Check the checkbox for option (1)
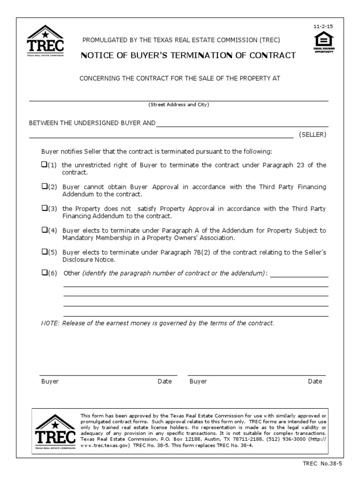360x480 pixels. [x=44, y=165]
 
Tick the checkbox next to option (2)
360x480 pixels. [x=44, y=186]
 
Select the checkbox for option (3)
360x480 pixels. [x=44, y=208]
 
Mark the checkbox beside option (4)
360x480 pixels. [x=44, y=230]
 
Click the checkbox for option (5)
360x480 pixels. [x=44, y=251]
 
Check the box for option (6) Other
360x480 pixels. [x=44, y=272]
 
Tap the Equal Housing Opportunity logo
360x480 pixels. [x=324, y=42]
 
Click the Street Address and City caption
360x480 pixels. [x=179, y=105]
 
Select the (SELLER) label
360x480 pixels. [x=313, y=135]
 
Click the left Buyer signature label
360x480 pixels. [x=50, y=382]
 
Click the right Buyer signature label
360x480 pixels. [x=198, y=382]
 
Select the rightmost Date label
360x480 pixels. [x=315, y=382]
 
